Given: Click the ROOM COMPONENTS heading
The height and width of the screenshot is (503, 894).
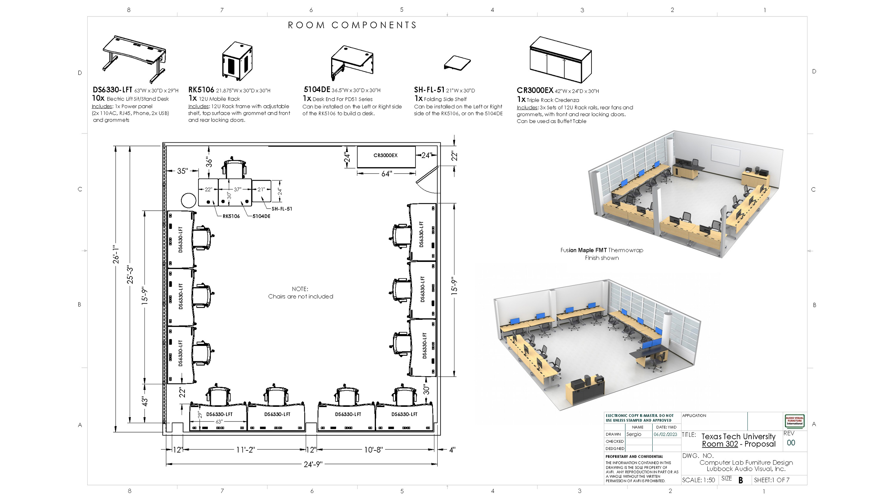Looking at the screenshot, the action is pyautogui.click(x=352, y=25).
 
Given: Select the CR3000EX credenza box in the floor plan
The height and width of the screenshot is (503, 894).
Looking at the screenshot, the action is pyautogui.click(x=386, y=157).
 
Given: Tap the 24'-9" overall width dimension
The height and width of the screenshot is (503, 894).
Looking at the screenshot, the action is pyautogui.click(x=313, y=464).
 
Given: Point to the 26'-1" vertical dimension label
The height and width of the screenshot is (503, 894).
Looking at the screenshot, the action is pyautogui.click(x=116, y=254).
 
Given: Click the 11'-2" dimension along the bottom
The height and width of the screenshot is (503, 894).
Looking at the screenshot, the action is pyautogui.click(x=245, y=450).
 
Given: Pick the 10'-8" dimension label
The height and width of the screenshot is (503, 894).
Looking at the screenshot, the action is pyautogui.click(x=373, y=450).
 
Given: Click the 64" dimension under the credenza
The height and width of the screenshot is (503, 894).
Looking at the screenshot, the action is pyautogui.click(x=387, y=174).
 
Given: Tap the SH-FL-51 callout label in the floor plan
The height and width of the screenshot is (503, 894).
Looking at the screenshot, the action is pyautogui.click(x=282, y=209).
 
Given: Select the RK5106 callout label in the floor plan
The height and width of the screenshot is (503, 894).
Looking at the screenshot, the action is pyautogui.click(x=231, y=216).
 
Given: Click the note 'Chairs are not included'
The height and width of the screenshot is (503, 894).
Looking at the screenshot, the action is pyautogui.click(x=300, y=297).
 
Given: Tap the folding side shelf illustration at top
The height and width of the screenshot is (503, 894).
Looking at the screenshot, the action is pyautogui.click(x=457, y=63).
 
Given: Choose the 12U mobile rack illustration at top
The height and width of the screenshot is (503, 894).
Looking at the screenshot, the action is pyautogui.click(x=237, y=61).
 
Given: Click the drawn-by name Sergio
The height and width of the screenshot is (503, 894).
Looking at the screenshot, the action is pyautogui.click(x=634, y=434).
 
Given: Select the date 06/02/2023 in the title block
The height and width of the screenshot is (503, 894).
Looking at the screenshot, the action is pyautogui.click(x=665, y=434).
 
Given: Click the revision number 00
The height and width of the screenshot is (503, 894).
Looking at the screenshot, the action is pyautogui.click(x=791, y=443).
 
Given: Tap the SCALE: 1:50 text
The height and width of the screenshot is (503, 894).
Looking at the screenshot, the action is pyautogui.click(x=698, y=480).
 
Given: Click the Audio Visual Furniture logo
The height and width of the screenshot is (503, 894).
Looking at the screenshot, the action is pyautogui.click(x=795, y=421).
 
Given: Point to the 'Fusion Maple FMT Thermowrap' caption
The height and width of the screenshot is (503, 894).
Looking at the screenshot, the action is pyautogui.click(x=602, y=250).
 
